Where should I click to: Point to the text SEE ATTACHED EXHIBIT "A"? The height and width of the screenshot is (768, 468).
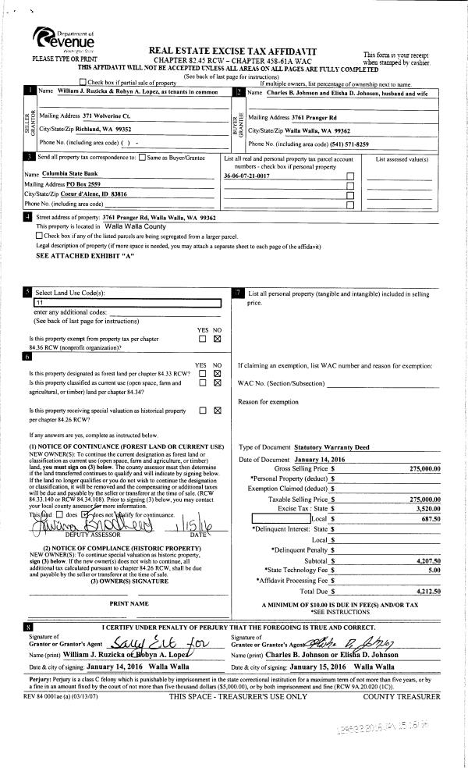point(87,255)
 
